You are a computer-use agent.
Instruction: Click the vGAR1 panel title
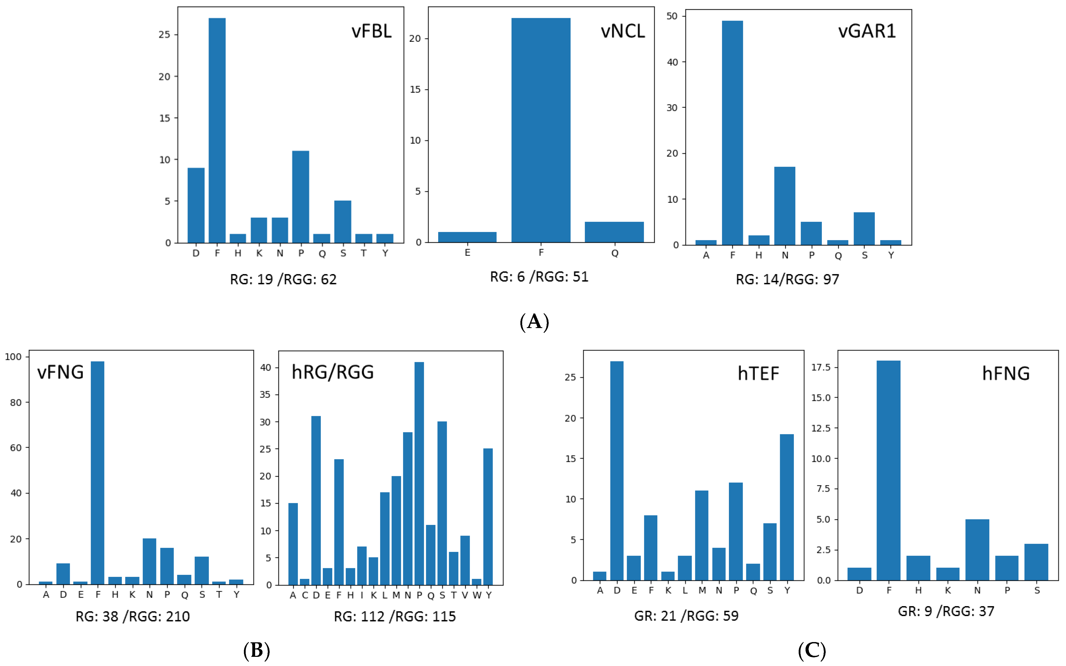pos(867,31)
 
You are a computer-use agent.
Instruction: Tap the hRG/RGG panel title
pos(333,372)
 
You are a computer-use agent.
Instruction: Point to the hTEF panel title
pos(758,374)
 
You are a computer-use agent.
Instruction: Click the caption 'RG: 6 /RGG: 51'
pos(539,277)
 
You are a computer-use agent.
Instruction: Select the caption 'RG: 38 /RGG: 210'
pos(133,616)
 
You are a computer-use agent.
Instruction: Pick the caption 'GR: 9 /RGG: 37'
pos(946,611)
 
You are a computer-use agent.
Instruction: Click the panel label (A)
pos(534,322)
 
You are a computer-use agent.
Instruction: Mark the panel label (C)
pos(811,650)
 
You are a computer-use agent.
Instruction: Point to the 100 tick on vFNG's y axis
pos(13,357)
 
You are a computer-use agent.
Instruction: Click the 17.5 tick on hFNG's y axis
pos(821,367)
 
